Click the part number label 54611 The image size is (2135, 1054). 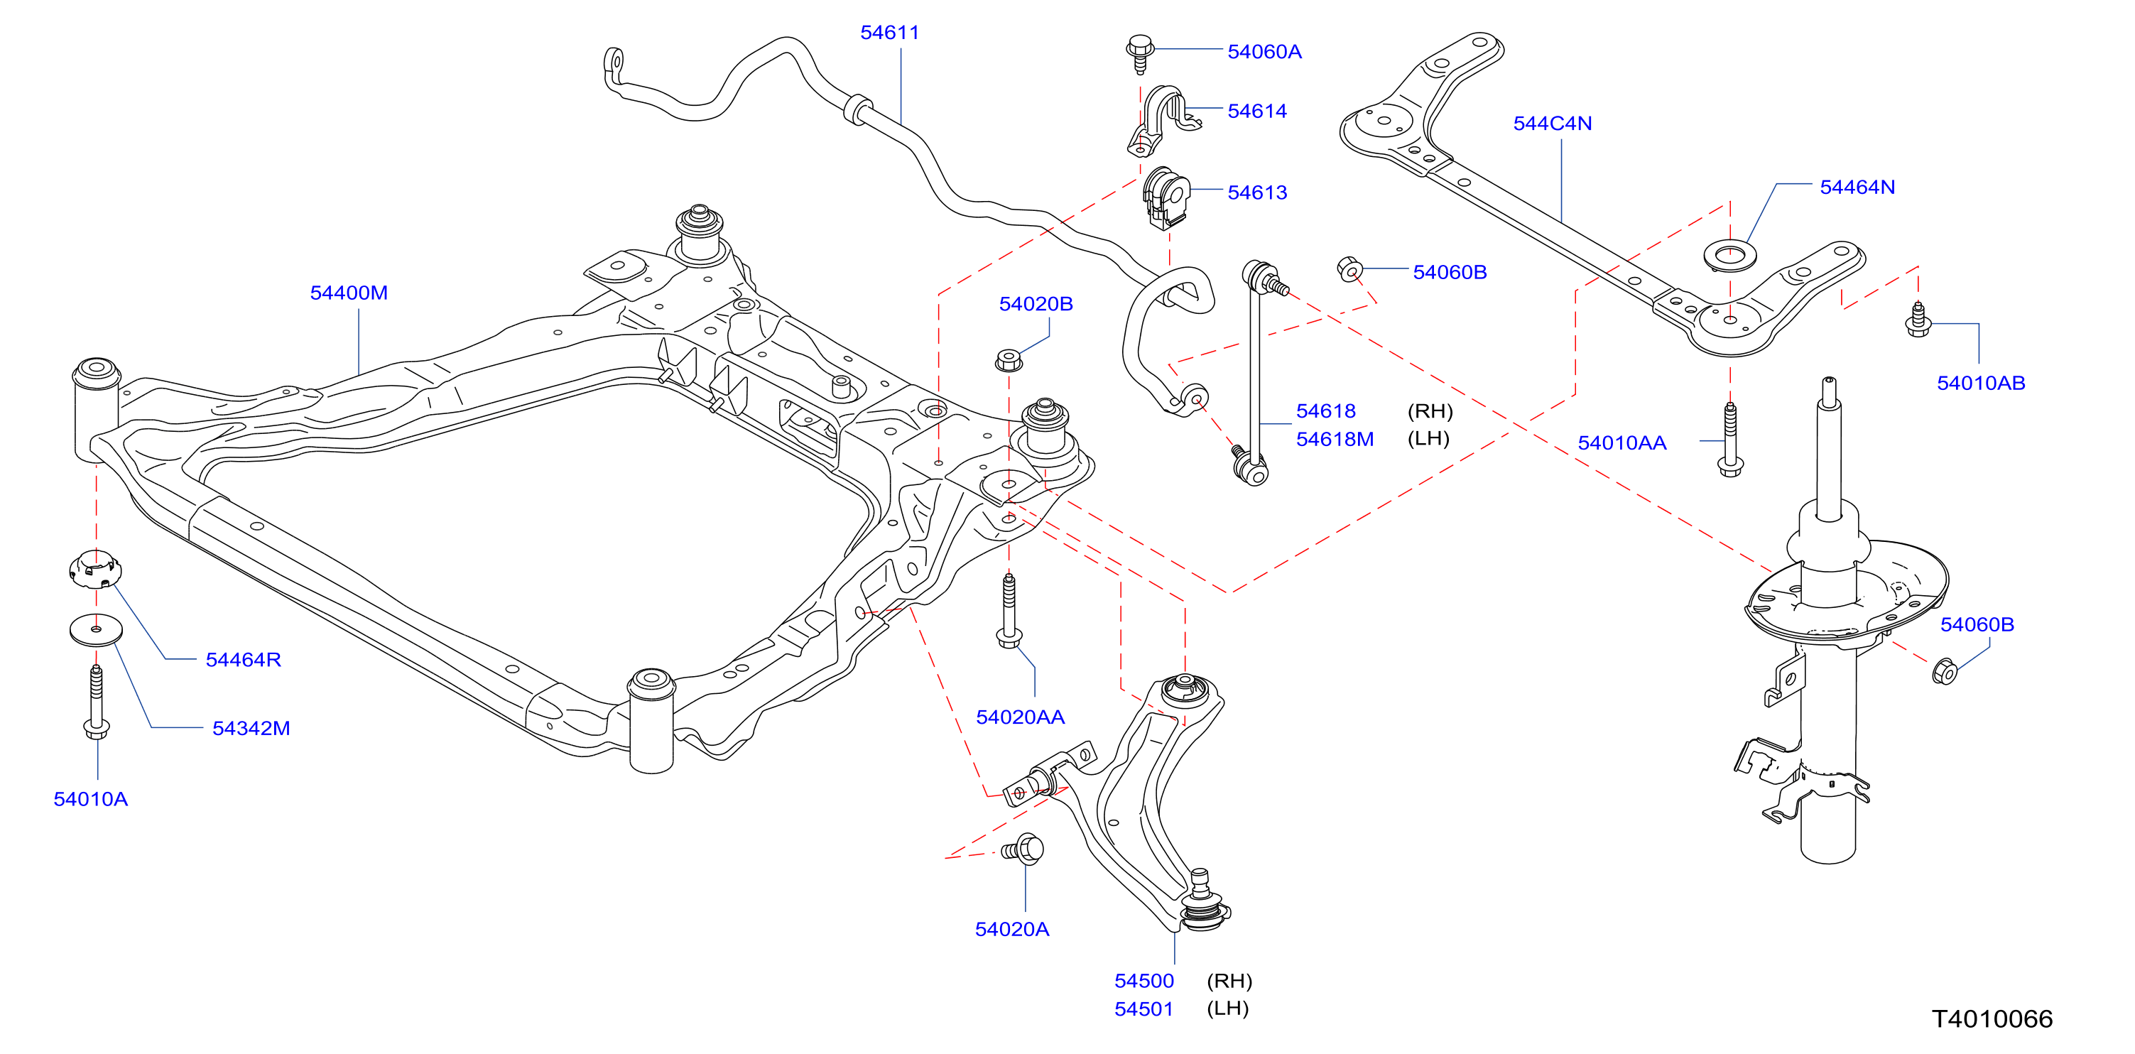coord(889,33)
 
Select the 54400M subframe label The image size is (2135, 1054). coord(348,293)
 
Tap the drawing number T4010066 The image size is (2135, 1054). coord(1992,1018)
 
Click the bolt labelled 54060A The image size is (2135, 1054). coord(1141,53)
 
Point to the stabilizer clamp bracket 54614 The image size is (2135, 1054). coord(1162,120)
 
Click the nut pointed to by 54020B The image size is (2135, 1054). coord(1008,361)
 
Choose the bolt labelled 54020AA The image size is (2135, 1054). coord(1009,611)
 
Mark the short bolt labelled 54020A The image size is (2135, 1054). coord(1023,849)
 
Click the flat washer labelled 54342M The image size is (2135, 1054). coord(96,630)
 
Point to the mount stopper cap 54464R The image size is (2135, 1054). coord(94,570)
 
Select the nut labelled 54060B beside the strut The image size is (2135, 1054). coord(1945,670)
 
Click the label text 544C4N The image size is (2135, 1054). coord(1553,124)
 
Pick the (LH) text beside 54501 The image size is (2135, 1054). coord(1227,1009)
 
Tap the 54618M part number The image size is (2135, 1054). coord(1335,439)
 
